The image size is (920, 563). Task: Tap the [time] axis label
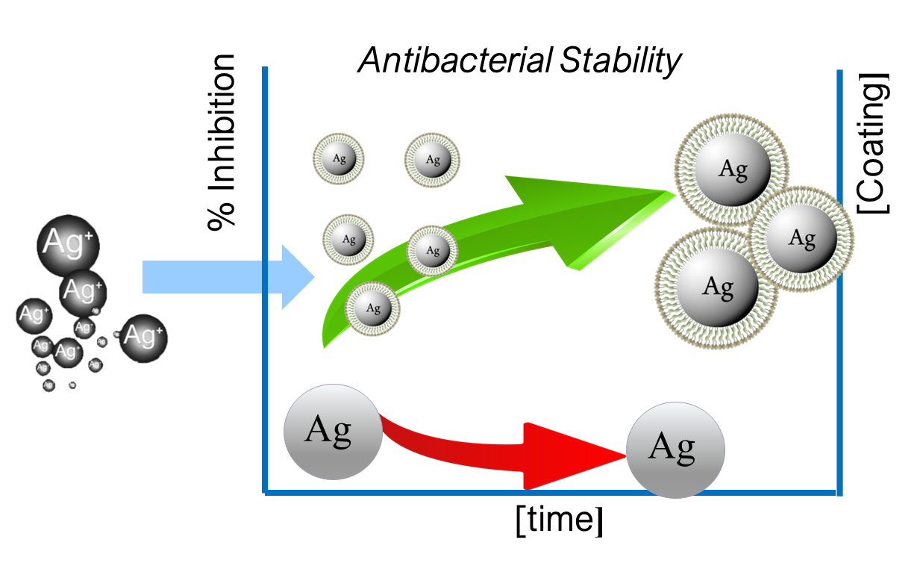558,520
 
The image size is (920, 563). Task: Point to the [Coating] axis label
874,143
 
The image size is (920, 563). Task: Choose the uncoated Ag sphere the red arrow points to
675,449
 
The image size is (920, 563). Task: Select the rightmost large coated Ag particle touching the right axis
801,238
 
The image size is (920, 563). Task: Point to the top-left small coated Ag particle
338,158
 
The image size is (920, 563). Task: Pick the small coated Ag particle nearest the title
432,160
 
